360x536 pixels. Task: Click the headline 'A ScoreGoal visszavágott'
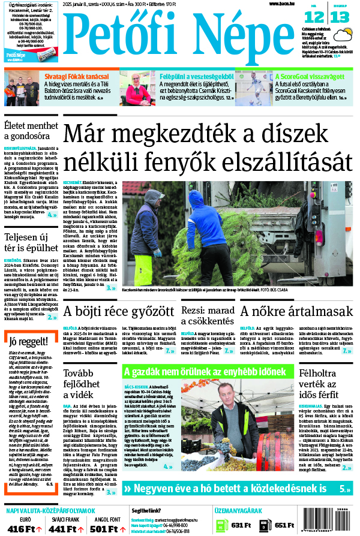[309, 76]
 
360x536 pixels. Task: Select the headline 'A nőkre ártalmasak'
[296, 312]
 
